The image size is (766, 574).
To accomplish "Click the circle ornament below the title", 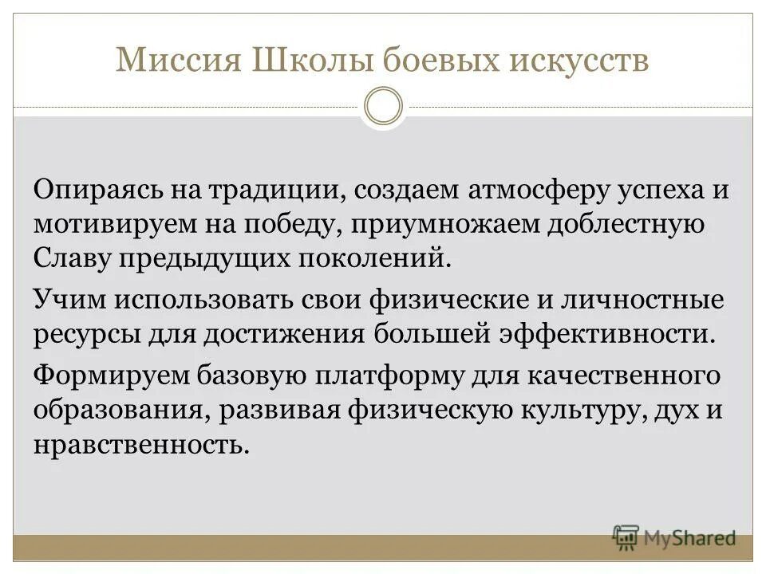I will [x=383, y=107].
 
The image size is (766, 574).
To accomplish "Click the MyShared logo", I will [x=674, y=537].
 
